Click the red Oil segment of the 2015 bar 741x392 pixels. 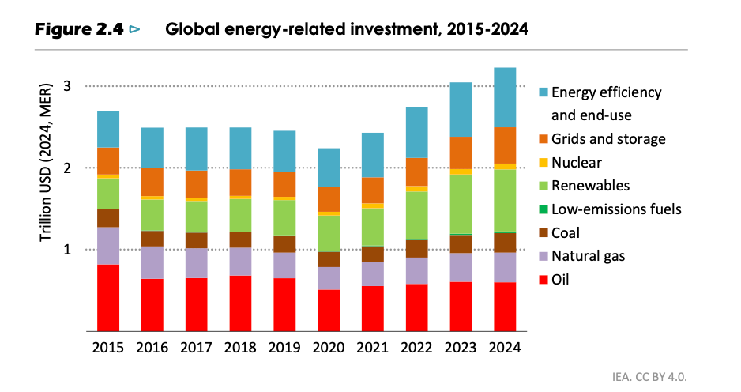click(108, 298)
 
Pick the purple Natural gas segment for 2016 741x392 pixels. click(152, 262)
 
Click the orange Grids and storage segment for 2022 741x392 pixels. click(416, 171)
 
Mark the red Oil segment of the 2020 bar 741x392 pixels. click(329, 311)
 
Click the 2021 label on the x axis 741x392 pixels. click(373, 347)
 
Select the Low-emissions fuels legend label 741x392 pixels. click(616, 209)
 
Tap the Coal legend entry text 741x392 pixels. click(568, 233)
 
